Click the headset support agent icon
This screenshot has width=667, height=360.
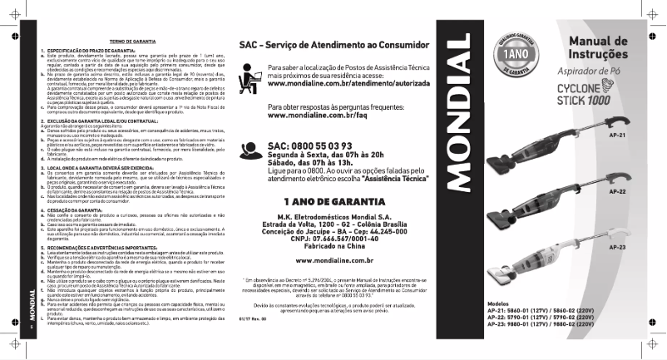(x=251, y=150)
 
